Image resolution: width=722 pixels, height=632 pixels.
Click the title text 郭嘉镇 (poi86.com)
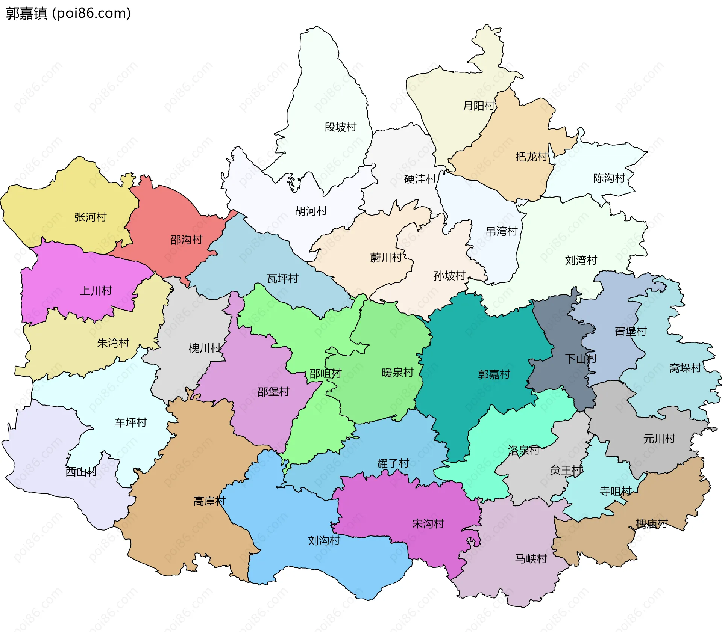tap(68, 13)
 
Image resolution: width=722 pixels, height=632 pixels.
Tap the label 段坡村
tap(340, 127)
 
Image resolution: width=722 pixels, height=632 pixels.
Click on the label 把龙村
tap(532, 157)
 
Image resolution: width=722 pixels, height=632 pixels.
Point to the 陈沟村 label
tap(609, 178)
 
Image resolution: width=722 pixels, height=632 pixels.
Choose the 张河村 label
tap(91, 217)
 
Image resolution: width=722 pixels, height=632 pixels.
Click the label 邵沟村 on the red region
tap(187, 240)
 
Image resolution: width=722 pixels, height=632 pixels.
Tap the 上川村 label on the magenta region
tap(96, 291)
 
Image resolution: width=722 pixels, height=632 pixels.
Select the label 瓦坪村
tap(282, 279)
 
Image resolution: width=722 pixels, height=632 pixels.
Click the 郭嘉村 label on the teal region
tap(494, 374)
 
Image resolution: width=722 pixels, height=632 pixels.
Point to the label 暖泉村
tap(397, 373)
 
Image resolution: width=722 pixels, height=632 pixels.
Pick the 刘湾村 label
tap(581, 260)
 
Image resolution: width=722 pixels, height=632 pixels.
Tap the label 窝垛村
tap(685, 368)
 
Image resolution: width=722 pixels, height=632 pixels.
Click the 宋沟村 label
tap(428, 523)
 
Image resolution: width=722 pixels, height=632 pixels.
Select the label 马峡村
tap(531, 559)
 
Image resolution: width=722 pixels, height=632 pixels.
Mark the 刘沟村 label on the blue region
tap(324, 541)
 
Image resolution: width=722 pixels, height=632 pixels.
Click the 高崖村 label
tap(209, 501)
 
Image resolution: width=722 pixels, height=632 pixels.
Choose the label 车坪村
tap(130, 422)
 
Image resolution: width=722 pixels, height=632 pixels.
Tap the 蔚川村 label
tap(386, 258)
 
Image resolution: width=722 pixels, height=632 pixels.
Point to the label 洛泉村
tap(523, 450)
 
